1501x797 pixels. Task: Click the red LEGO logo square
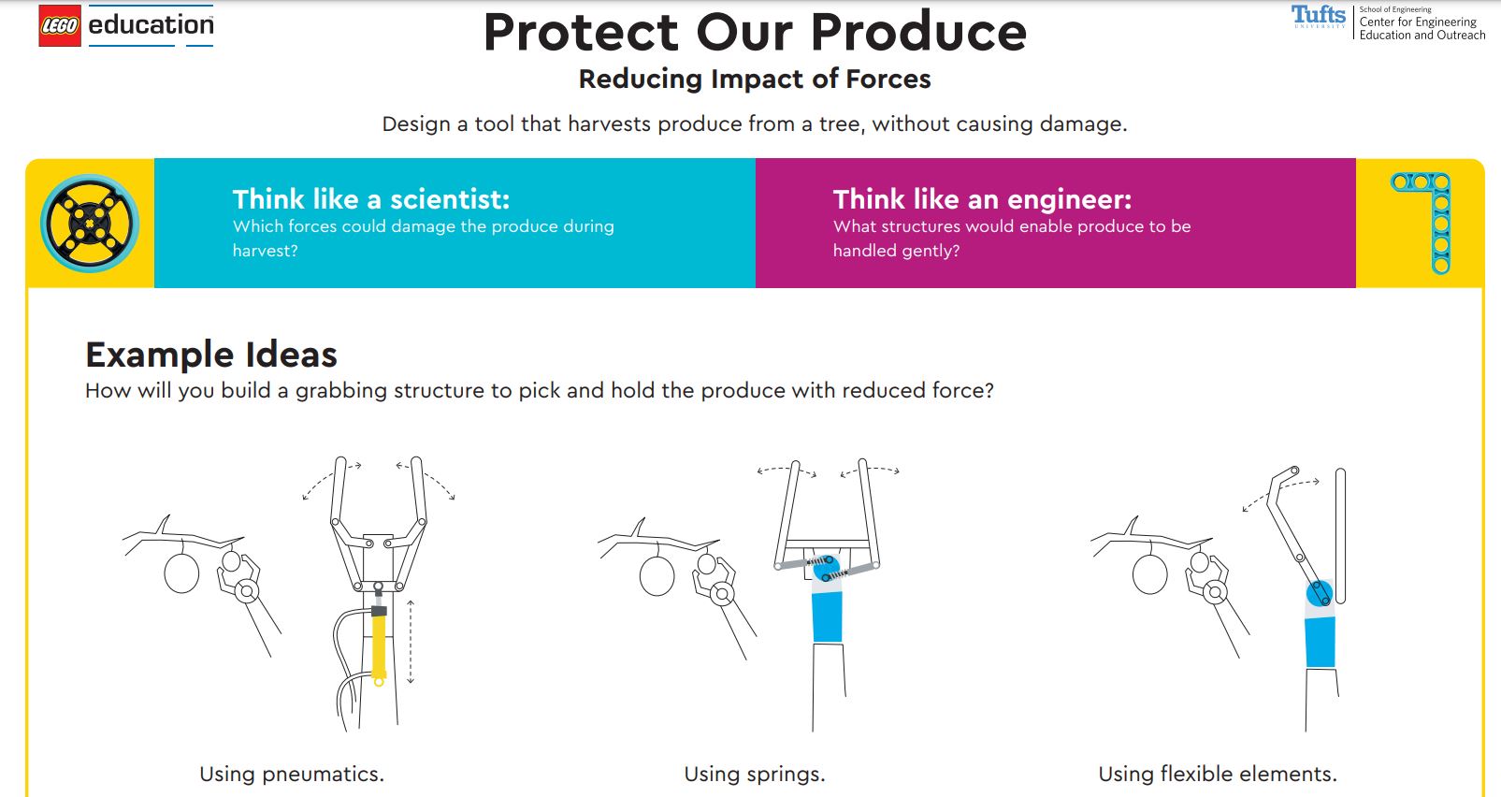coord(60,25)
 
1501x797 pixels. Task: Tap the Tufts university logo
coord(1318,16)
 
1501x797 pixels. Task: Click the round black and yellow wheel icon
coord(90,224)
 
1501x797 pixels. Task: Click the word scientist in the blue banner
coord(450,199)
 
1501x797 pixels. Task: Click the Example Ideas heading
coord(211,355)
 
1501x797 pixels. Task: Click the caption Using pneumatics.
coord(292,775)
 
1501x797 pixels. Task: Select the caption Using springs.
coord(755,775)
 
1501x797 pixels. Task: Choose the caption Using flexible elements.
coord(1218,775)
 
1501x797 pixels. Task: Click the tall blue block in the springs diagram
coord(827,616)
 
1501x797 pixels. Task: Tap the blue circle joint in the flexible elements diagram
coord(1320,593)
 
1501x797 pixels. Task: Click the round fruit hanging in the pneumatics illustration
coord(181,573)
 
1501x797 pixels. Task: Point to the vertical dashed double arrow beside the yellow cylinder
coord(411,642)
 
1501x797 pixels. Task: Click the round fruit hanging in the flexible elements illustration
coord(1150,574)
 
